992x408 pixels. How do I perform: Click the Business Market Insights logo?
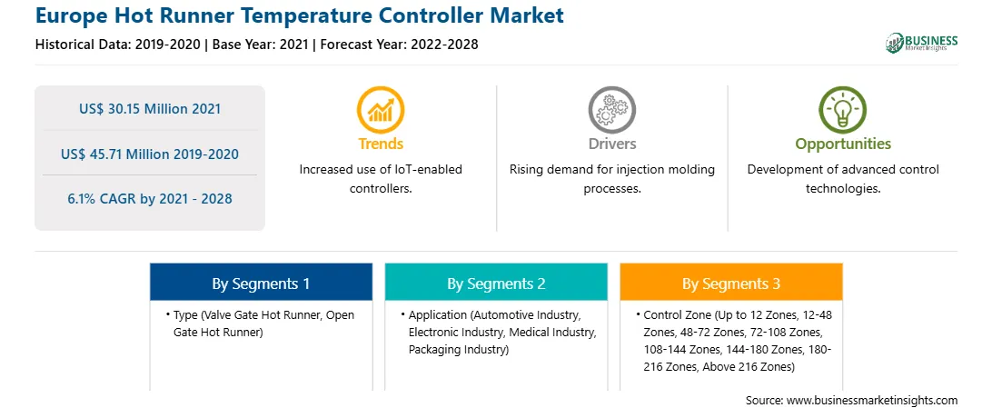[x=921, y=43]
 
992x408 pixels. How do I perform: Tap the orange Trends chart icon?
[x=381, y=110]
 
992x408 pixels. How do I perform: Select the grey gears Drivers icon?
[x=611, y=110]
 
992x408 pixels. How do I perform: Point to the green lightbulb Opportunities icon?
[x=843, y=110]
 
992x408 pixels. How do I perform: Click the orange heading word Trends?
[x=381, y=144]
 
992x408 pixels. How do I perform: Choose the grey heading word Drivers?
[x=612, y=144]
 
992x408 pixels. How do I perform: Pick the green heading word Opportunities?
[x=843, y=144]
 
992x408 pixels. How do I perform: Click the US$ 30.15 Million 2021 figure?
[x=150, y=109]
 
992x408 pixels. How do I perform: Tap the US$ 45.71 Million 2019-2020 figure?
[x=150, y=154]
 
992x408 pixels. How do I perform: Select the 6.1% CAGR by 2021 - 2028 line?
[x=150, y=199]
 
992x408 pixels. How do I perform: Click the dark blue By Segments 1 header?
[x=262, y=284]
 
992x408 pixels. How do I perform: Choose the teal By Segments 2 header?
[x=496, y=284]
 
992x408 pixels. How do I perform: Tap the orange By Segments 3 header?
[x=731, y=284]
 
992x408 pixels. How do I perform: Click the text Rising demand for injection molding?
[x=612, y=170]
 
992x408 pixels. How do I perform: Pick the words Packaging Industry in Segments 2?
[x=459, y=349]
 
